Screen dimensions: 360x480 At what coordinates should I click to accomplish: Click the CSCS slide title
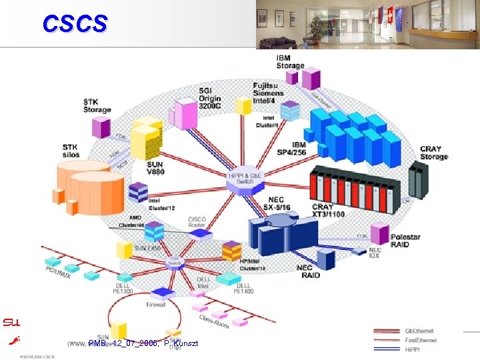74,24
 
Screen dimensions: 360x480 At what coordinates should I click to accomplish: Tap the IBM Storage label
290,62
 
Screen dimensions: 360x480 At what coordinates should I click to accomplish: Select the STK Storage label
97,105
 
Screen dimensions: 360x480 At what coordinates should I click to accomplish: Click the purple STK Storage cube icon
101,127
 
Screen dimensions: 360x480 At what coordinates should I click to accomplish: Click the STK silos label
71,151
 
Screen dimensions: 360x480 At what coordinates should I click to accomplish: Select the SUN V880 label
155,169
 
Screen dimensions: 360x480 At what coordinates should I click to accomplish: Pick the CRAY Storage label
434,153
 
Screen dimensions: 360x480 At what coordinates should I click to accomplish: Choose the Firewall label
157,304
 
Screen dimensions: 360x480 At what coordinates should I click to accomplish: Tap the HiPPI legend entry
414,348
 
